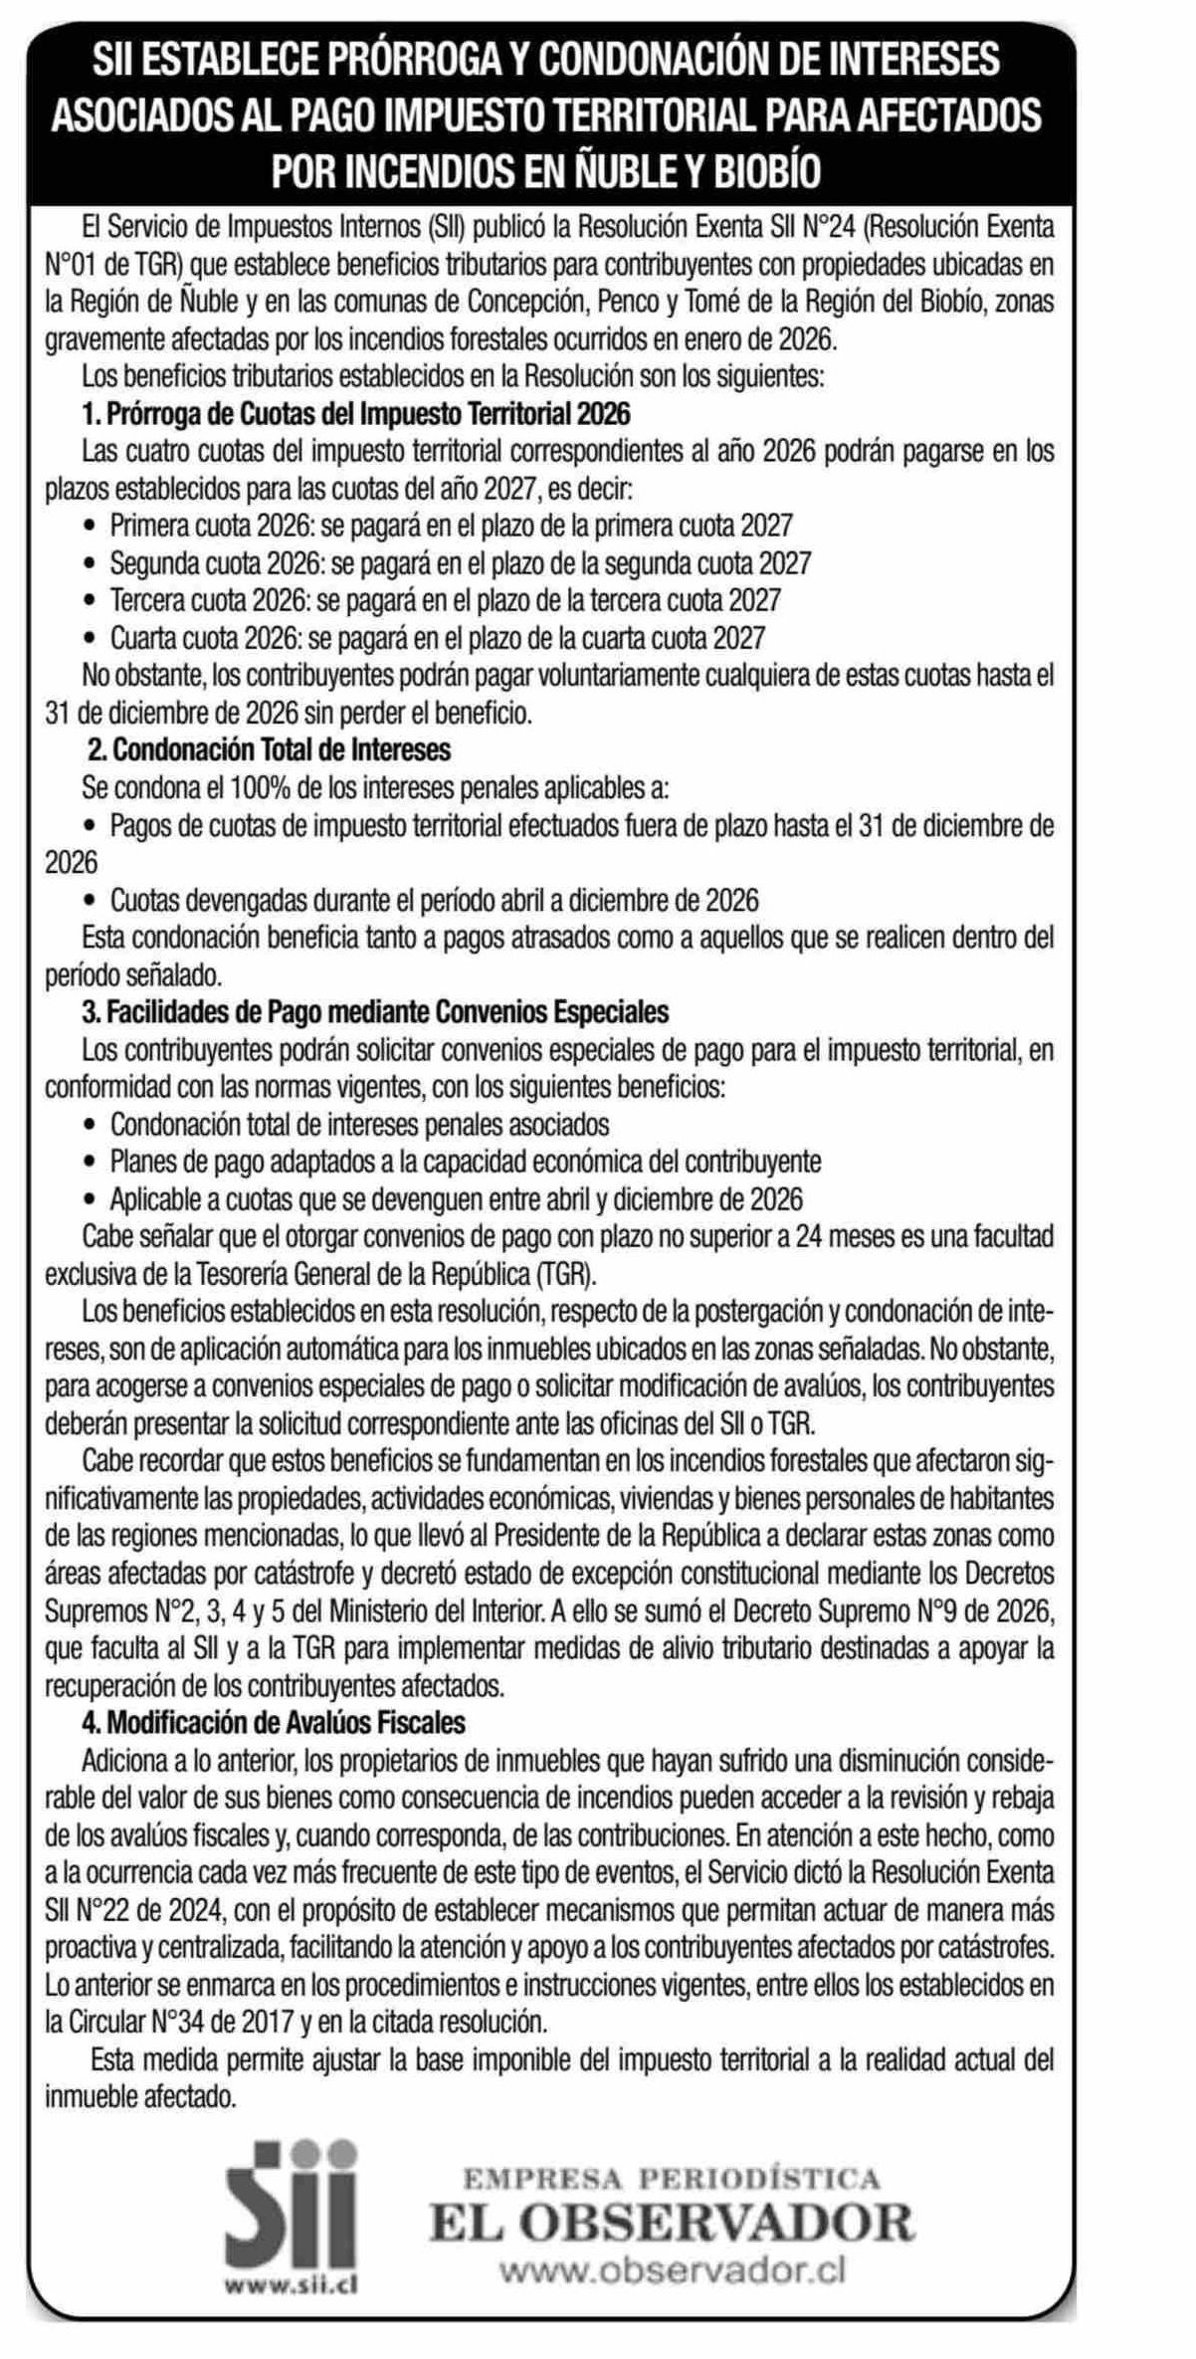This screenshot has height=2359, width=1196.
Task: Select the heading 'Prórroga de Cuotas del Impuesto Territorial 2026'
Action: point(356,413)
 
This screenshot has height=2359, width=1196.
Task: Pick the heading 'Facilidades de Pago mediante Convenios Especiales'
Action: point(375,1012)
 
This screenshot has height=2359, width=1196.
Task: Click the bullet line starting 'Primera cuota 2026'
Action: point(451,526)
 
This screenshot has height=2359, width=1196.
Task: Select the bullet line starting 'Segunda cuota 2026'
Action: point(460,563)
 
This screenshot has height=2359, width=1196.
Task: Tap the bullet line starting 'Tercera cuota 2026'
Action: point(445,601)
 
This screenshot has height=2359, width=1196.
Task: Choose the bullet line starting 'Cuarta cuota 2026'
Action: point(437,638)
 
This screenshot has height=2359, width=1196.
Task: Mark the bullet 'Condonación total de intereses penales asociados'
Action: point(359,1125)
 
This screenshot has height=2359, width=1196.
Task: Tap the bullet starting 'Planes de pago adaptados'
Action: point(465,1162)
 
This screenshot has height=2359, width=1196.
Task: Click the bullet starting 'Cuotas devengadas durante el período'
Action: point(434,901)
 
